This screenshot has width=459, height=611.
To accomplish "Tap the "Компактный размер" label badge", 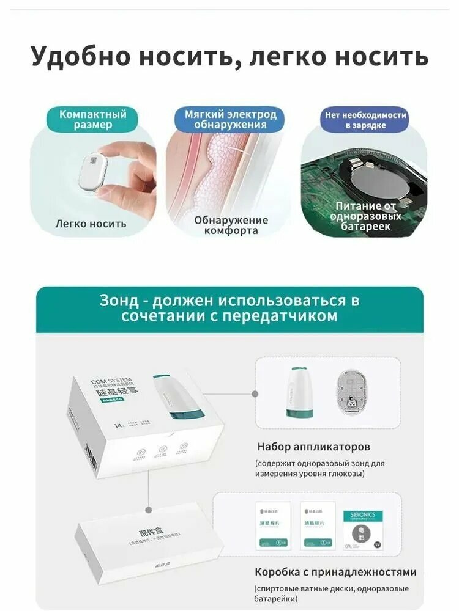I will click(93, 119).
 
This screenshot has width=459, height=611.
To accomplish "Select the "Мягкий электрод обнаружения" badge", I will click(230, 119).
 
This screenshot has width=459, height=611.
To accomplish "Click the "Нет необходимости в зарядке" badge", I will click(365, 120).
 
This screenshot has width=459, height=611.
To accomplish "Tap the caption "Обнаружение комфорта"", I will click(231, 225).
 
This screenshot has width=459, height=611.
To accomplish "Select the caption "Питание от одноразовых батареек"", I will click(365, 216).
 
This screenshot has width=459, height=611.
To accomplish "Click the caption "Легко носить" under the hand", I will click(91, 224).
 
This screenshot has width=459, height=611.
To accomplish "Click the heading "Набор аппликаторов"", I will click(313, 447).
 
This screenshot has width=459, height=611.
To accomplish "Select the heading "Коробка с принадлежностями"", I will click(335, 572).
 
